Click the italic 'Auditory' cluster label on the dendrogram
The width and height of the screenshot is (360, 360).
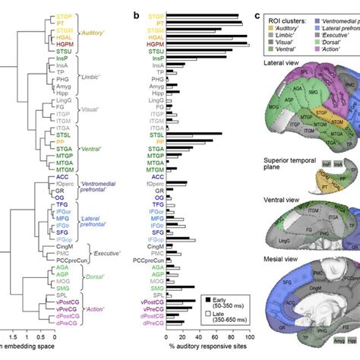93,33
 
